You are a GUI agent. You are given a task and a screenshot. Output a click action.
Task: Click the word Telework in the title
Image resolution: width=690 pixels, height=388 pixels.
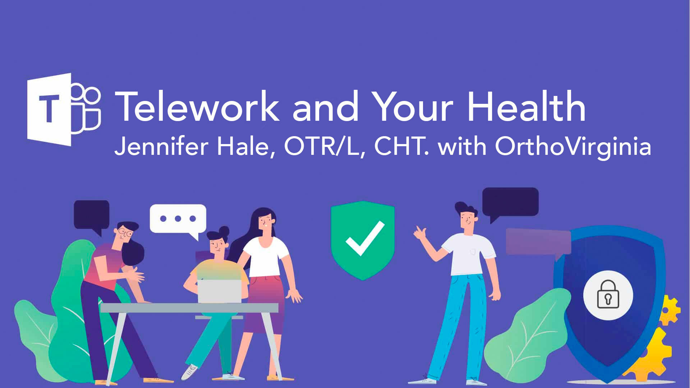click(197, 107)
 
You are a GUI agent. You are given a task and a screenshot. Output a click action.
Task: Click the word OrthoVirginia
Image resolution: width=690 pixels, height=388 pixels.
click(573, 147)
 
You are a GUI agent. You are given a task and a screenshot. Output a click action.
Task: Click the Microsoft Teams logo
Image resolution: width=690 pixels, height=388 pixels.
click(64, 110)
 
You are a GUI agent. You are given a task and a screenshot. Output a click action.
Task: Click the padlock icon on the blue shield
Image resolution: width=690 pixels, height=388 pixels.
click(608, 294)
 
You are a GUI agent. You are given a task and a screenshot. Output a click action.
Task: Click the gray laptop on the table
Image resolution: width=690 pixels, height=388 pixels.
click(220, 291)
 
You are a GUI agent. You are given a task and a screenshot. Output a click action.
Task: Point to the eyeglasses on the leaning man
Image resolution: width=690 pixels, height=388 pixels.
click(125, 232)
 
